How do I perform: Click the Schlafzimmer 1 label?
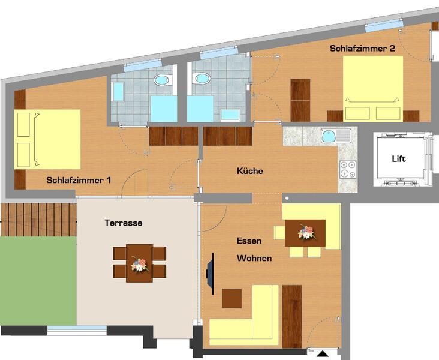point(79,180)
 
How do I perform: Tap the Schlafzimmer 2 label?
point(363,48)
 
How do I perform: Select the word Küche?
point(249,171)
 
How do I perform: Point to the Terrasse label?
point(124,223)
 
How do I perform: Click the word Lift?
point(399,159)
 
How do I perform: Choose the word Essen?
point(249,241)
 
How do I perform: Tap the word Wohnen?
point(254,258)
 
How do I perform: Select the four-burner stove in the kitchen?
point(348,169)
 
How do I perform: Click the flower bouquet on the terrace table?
point(139,264)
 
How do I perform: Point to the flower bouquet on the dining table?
point(307,232)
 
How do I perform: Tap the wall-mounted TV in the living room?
point(211,274)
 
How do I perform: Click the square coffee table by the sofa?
point(232,298)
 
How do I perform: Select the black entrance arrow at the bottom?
point(323,354)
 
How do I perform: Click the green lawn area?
point(38,281)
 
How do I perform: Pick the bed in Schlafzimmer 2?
point(373,89)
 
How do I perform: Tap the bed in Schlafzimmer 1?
point(47,139)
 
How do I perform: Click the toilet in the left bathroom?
point(163,80)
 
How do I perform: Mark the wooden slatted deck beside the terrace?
point(38,220)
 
